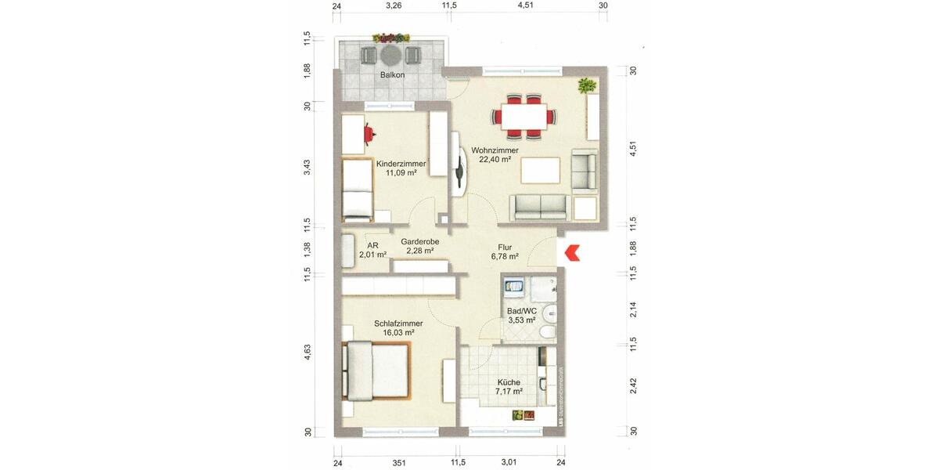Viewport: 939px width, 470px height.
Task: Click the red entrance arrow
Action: coord(572,253)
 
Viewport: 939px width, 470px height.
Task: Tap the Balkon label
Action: coord(392,76)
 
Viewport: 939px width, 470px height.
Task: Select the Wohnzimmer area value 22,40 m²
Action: coord(495,159)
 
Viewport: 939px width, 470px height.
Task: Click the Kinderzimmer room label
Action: coord(401,164)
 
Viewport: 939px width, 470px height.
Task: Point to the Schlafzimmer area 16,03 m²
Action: coord(398,332)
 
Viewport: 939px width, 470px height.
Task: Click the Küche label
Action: coord(508,382)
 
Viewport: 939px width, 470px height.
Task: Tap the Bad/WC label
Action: coord(521,311)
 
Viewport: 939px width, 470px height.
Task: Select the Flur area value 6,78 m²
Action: coord(505,256)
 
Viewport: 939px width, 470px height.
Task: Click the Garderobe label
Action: coord(420,242)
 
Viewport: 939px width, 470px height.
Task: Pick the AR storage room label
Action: coord(372,245)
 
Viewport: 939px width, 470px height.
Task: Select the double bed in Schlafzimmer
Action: coord(376,371)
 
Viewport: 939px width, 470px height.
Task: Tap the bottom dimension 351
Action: coord(398,462)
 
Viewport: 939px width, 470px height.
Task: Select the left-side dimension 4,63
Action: coord(308,352)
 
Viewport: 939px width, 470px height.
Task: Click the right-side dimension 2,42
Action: coord(634,386)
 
